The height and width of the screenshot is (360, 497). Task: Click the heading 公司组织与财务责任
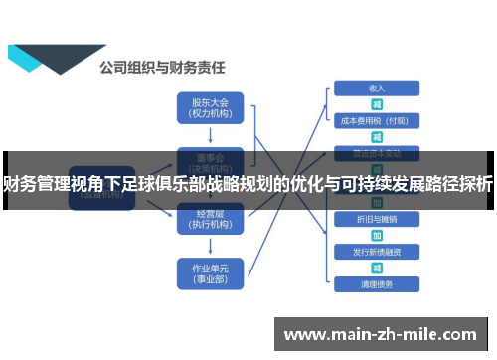click(161, 68)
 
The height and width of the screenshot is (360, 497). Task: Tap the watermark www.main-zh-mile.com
click(382, 333)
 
